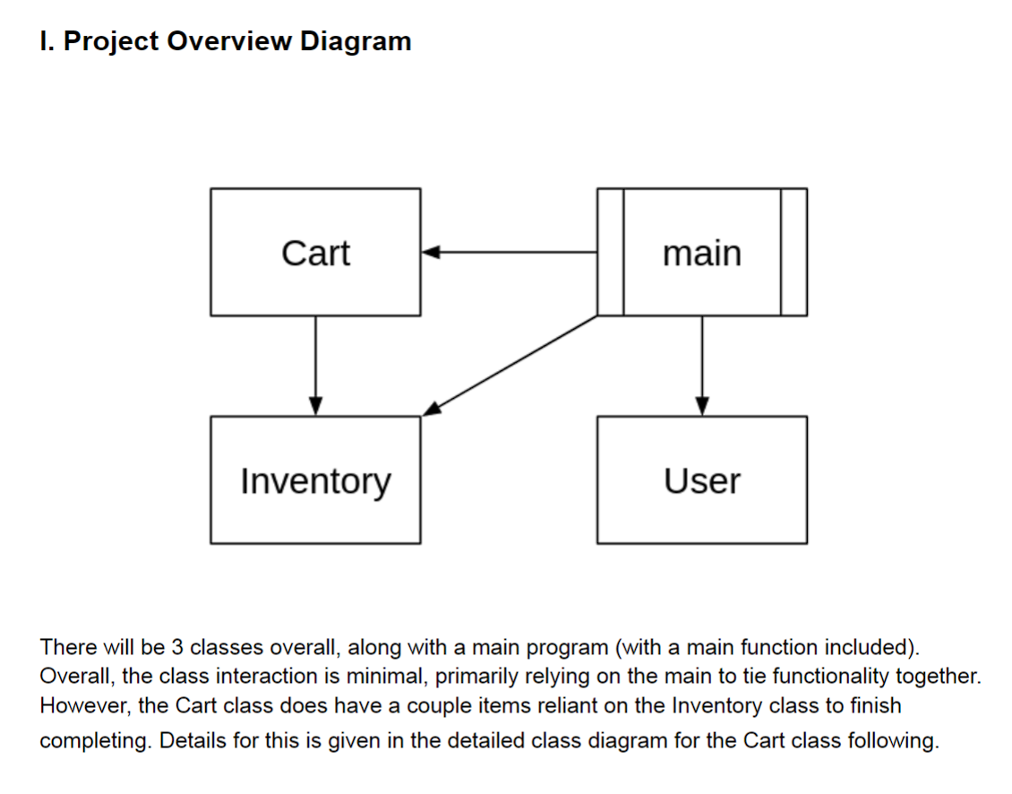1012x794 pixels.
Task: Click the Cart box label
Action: coord(315,253)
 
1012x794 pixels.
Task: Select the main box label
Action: coord(702,253)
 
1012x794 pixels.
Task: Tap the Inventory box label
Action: coord(315,481)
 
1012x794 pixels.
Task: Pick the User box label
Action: coord(702,481)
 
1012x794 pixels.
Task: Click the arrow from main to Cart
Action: coord(510,253)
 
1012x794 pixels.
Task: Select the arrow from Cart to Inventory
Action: coord(315,363)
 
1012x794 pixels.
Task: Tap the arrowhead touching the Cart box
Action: coord(429,253)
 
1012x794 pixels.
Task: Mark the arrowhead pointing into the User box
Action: coord(702,407)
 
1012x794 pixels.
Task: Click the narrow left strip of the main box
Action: coord(610,253)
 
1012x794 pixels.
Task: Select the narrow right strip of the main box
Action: coord(793,253)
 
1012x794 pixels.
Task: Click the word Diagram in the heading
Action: coord(356,41)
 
